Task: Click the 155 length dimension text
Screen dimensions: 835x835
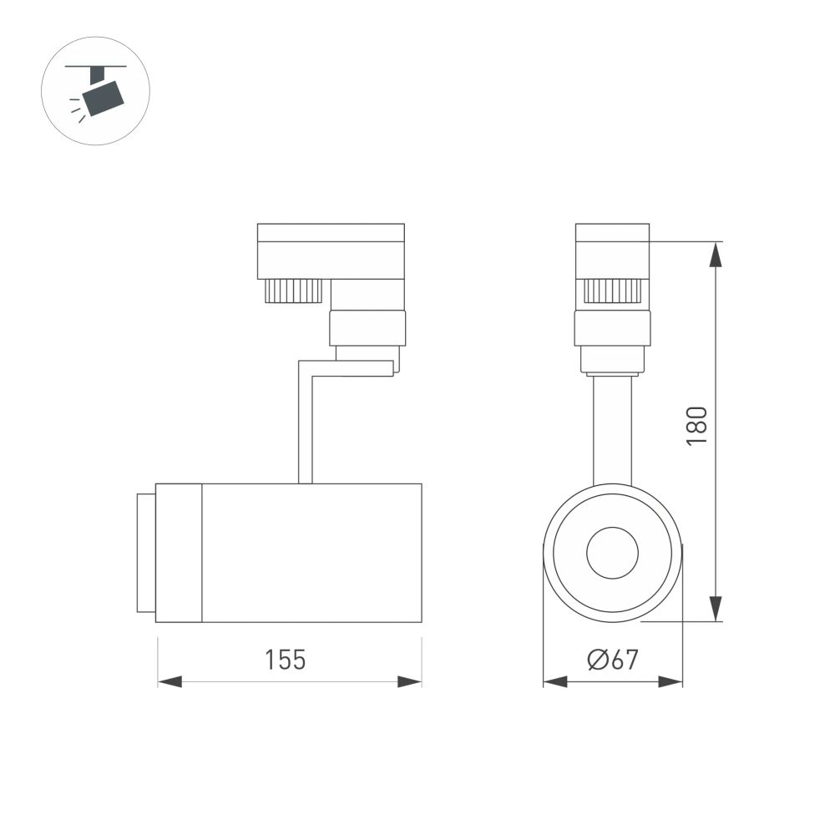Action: click(x=286, y=660)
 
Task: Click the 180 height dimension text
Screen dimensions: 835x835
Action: click(x=697, y=425)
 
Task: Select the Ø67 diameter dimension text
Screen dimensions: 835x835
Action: click(x=613, y=660)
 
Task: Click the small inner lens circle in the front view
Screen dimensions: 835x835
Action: click(x=612, y=553)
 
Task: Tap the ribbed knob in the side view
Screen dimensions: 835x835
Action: click(x=293, y=291)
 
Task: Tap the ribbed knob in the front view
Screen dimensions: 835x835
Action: click(x=612, y=291)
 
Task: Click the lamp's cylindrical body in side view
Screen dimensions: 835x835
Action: click(x=311, y=553)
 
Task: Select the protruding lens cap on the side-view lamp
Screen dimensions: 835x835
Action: click(x=146, y=553)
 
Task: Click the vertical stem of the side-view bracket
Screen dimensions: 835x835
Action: click(x=306, y=426)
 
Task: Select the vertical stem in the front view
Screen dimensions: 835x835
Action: click(x=612, y=430)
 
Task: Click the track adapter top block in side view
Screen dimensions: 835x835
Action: click(x=331, y=250)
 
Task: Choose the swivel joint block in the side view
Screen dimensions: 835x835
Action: click(x=367, y=327)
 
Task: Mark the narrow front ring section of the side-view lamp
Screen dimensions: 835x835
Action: click(x=180, y=553)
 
